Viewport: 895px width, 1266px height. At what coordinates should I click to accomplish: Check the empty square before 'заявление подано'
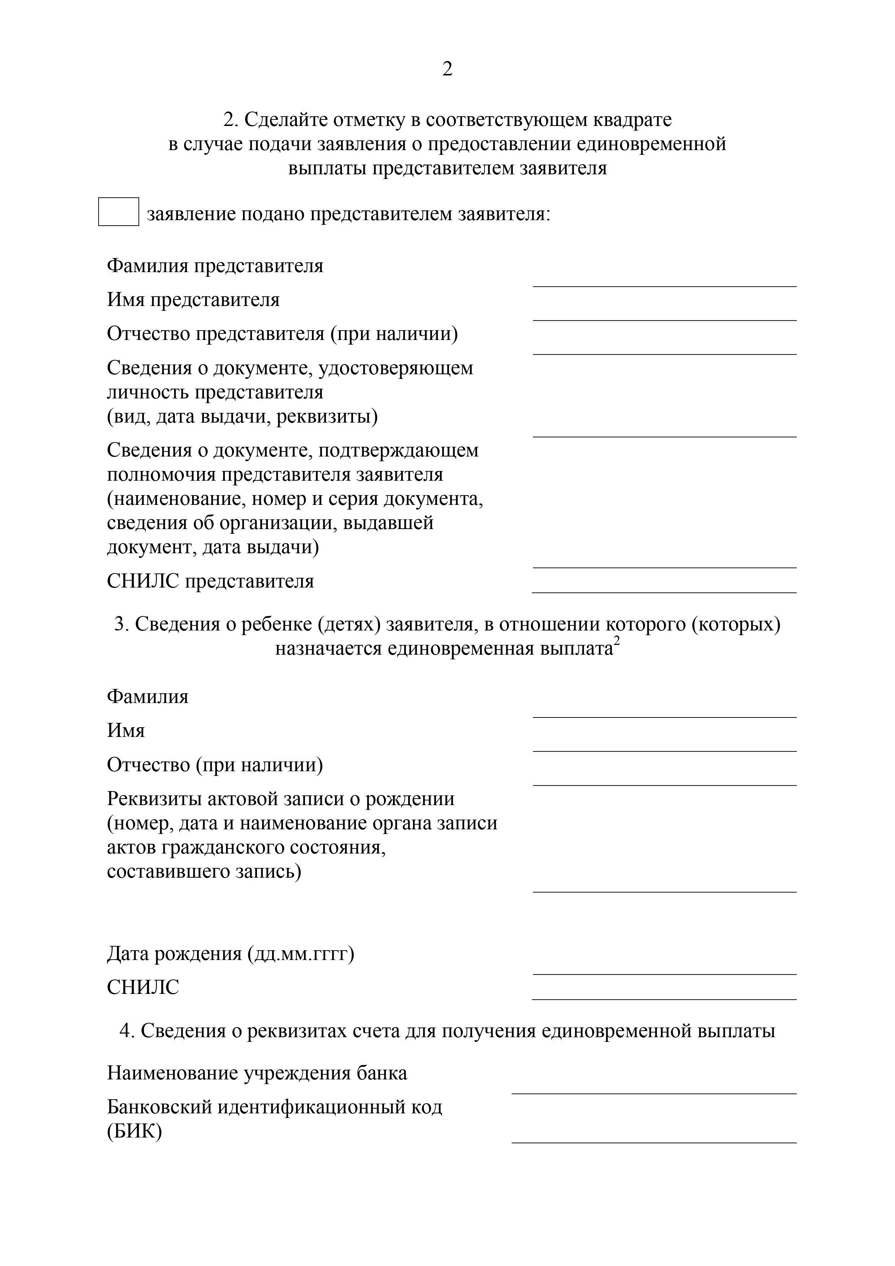119,212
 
